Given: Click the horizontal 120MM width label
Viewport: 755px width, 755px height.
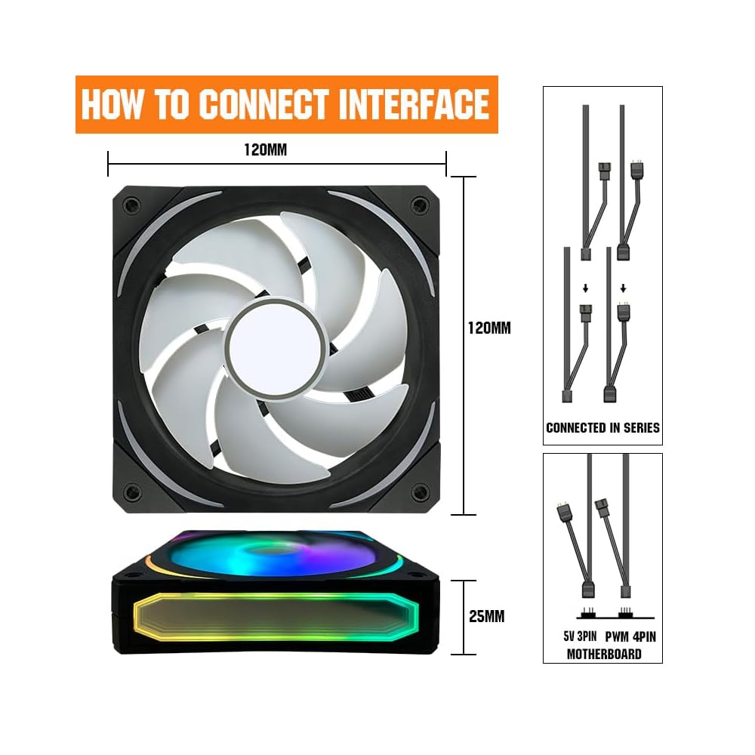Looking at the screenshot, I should pos(265,149).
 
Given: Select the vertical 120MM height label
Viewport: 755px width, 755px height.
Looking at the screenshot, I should pos(490,328).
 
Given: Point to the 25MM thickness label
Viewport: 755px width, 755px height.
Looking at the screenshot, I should pos(486,616).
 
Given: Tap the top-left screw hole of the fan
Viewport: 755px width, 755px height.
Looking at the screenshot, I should pos(131,205).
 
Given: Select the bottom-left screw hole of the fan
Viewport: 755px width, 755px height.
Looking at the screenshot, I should pos(131,492).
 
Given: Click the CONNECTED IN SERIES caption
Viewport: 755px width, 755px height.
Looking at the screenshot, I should pos(602,427).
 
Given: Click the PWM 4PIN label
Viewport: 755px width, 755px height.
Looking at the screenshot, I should pos(630,636).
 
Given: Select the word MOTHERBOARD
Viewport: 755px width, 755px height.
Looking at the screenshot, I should pos(604,654).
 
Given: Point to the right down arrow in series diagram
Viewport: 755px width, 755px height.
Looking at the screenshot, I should pos(623,288).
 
